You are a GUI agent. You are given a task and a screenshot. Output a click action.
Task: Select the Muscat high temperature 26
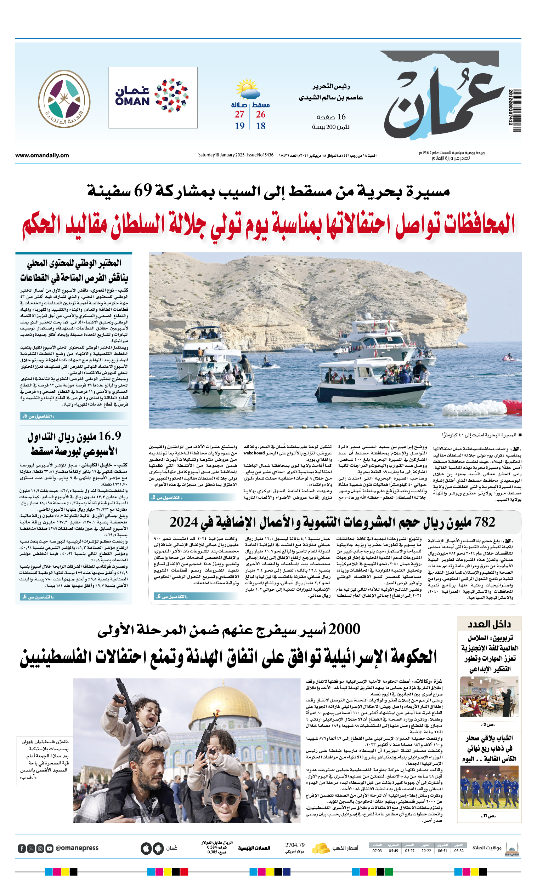click(260, 115)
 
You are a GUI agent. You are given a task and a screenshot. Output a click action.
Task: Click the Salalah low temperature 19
click(239, 126)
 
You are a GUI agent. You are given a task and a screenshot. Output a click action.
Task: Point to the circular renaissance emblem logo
click(64, 98)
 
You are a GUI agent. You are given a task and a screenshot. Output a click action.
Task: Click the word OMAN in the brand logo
click(132, 102)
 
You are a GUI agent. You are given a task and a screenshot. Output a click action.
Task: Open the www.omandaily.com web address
click(42, 155)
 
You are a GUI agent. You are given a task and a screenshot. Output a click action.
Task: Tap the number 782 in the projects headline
click(485, 522)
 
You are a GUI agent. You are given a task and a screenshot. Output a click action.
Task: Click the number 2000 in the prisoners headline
click(344, 629)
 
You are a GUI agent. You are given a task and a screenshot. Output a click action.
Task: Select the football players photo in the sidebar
click(488, 787)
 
